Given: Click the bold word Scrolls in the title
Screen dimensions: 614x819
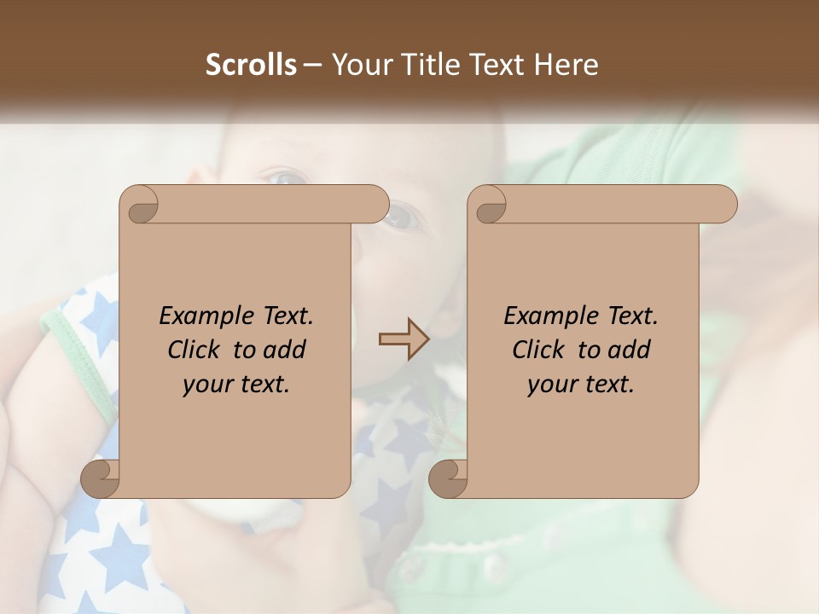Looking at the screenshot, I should point(251,65).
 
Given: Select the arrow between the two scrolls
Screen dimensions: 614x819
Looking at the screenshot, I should point(404,339).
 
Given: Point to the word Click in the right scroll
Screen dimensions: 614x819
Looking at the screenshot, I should point(540,350).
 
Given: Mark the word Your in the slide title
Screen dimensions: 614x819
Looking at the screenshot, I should point(358,65).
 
